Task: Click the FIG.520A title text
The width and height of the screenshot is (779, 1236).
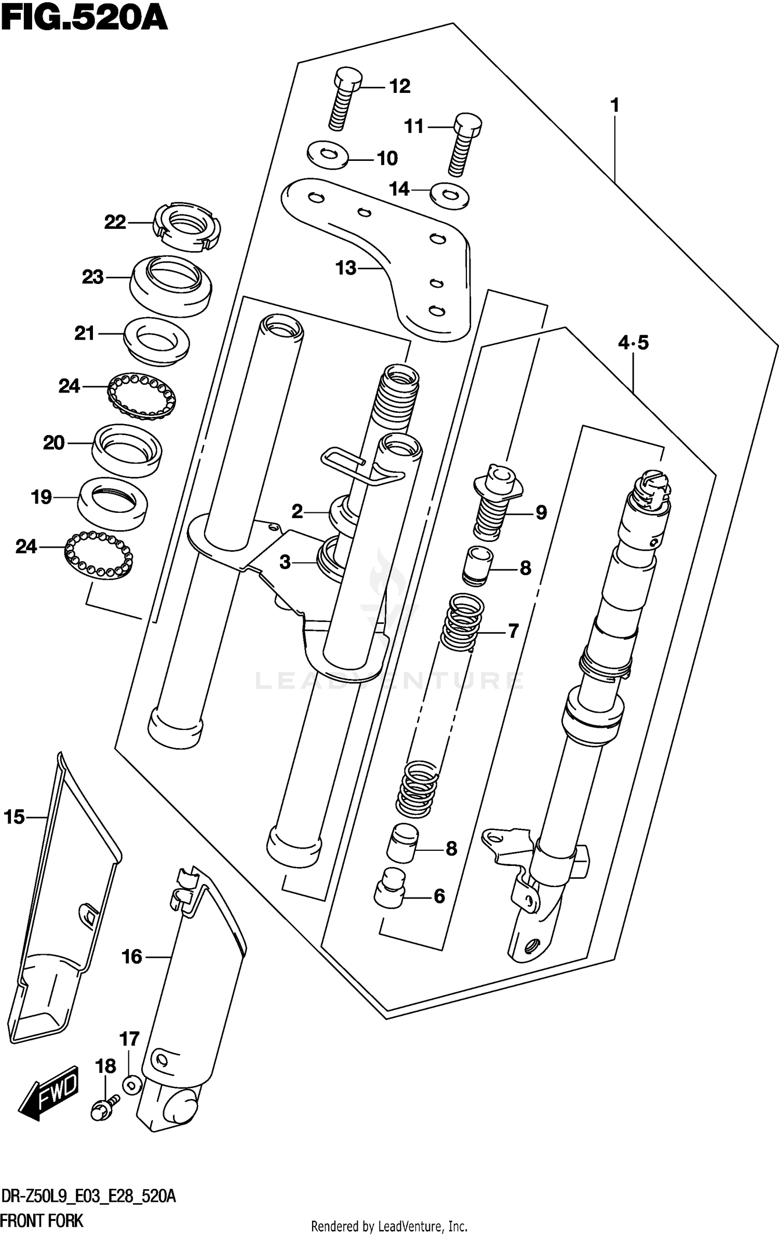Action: pyautogui.click(x=84, y=19)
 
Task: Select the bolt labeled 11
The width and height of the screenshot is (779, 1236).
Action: pyautogui.click(x=464, y=143)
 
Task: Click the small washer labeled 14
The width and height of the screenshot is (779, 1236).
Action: pyautogui.click(x=450, y=196)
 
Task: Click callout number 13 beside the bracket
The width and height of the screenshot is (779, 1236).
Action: pyautogui.click(x=346, y=268)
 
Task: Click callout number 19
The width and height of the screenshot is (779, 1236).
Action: pyautogui.click(x=42, y=497)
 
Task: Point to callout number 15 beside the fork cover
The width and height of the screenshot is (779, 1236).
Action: pyautogui.click(x=15, y=817)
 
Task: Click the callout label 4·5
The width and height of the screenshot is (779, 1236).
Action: pyautogui.click(x=633, y=343)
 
